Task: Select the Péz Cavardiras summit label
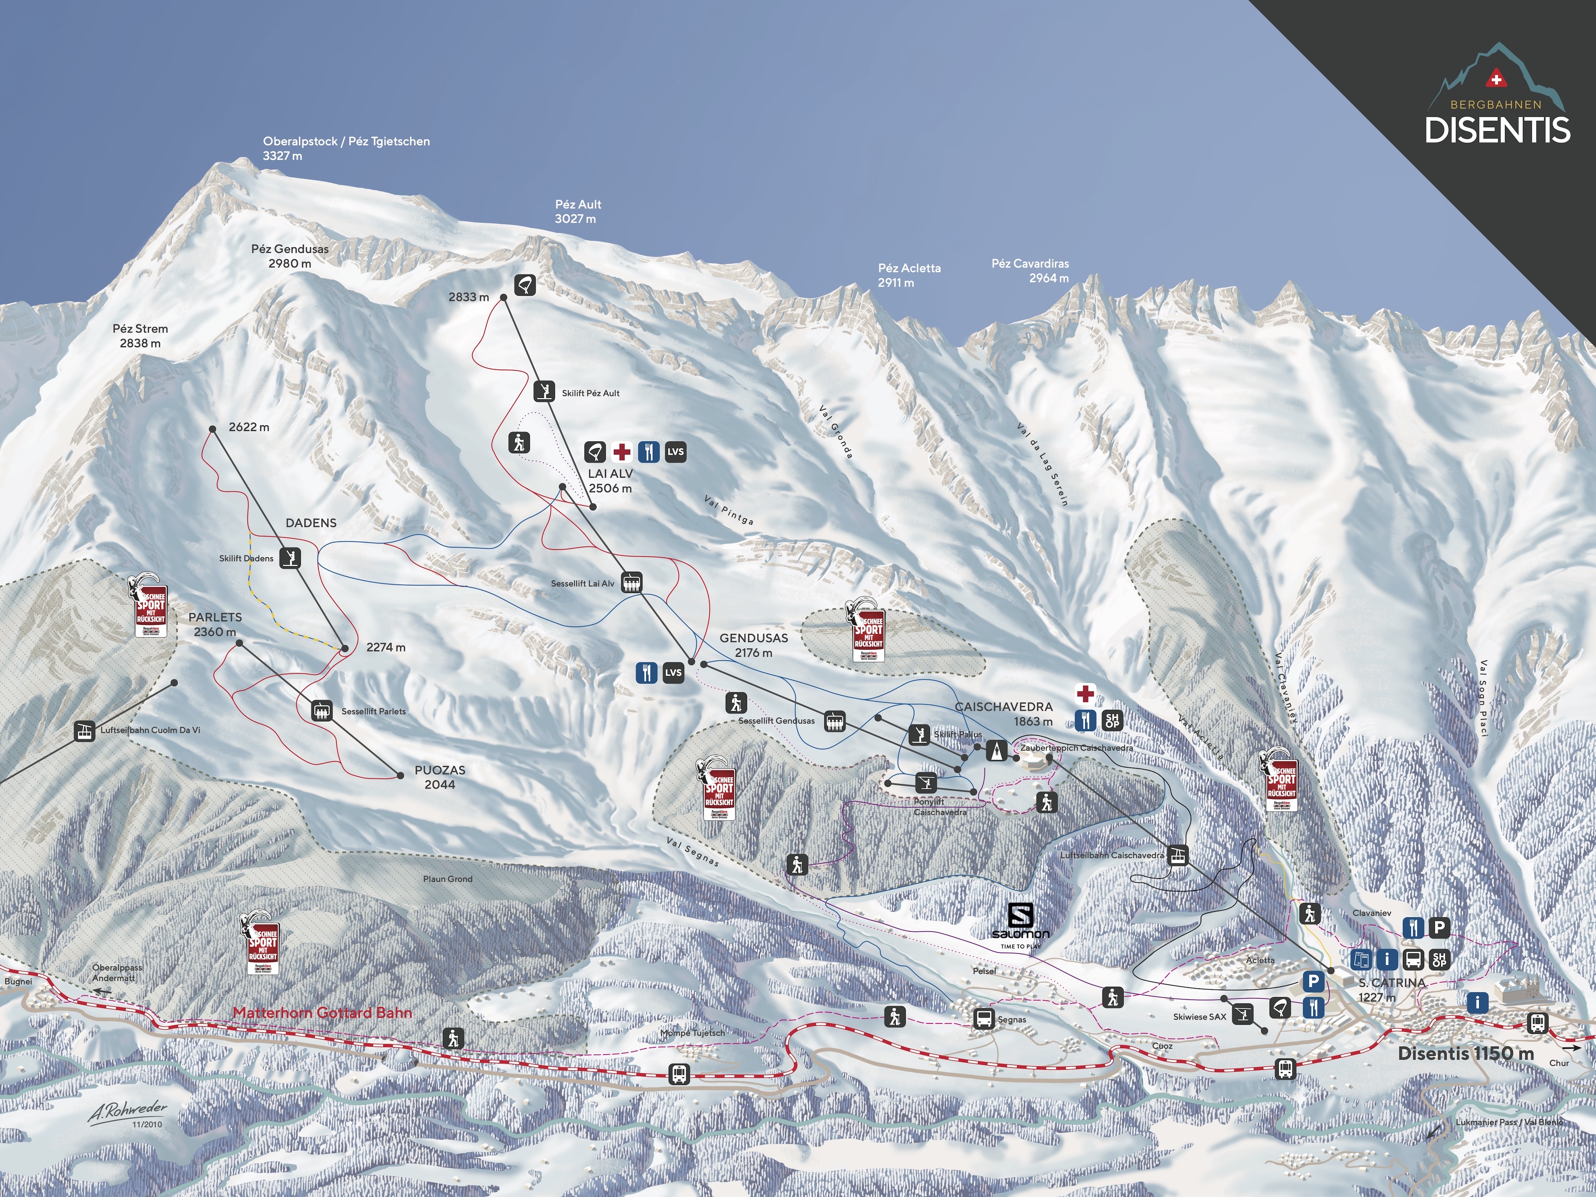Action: (x=1030, y=271)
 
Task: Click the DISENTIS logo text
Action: (x=1497, y=130)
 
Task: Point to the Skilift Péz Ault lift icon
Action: (x=544, y=391)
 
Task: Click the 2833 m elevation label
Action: (x=468, y=296)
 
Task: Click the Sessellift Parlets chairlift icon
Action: (x=322, y=711)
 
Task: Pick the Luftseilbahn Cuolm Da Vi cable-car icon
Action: (x=85, y=731)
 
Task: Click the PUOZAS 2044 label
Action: (x=439, y=777)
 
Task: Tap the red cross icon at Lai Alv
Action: (x=621, y=452)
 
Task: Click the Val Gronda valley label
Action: (x=836, y=431)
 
